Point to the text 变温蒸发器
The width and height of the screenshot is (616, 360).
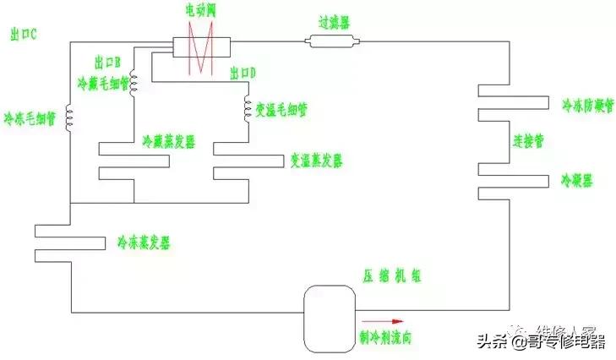coord(317,160)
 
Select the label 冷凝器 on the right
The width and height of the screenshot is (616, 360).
coord(577,181)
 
